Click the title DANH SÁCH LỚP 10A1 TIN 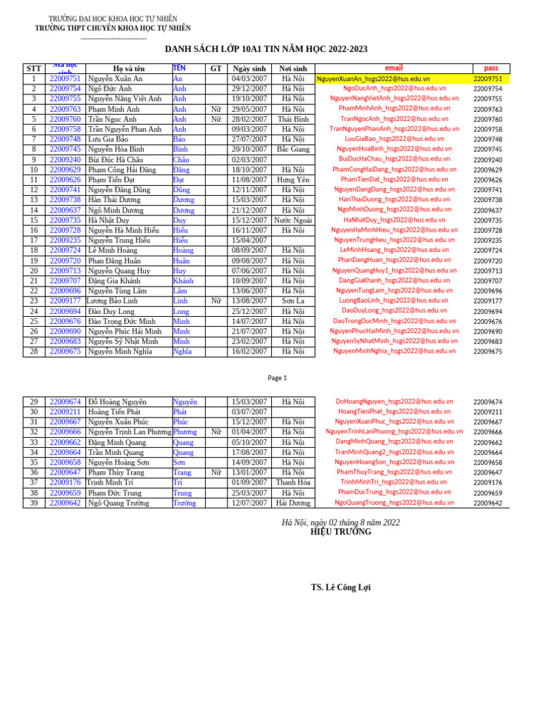tap(266, 49)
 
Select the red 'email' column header tap(394, 68)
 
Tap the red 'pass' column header tap(491, 68)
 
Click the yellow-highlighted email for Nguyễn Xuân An tap(373, 79)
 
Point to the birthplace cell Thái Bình tap(293, 119)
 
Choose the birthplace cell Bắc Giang tap(293, 149)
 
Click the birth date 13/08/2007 tap(249, 301)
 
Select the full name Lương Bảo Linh tap(112, 301)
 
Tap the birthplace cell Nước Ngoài tap(293, 220)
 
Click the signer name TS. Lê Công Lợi tap(340, 587)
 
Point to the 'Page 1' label tap(278, 378)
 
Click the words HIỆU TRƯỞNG tap(340, 532)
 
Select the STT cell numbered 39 tap(34, 503)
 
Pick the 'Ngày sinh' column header tap(249, 68)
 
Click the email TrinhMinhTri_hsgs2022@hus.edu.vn tap(394, 482)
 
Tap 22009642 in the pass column tap(487, 503)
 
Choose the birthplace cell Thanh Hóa tap(293, 482)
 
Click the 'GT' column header tap(216, 68)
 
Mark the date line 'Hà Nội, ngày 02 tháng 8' tap(340, 522)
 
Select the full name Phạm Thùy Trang tap(116, 472)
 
